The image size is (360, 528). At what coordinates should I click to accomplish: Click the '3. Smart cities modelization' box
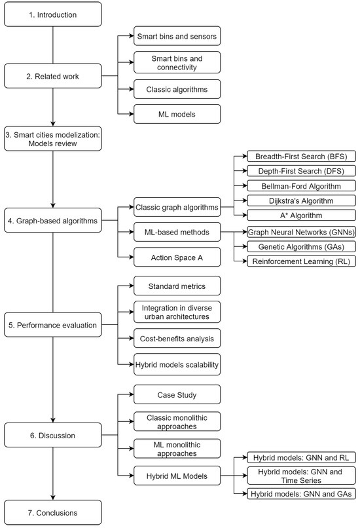point(52,139)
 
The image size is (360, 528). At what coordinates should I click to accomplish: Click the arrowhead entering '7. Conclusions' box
point(52,497)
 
